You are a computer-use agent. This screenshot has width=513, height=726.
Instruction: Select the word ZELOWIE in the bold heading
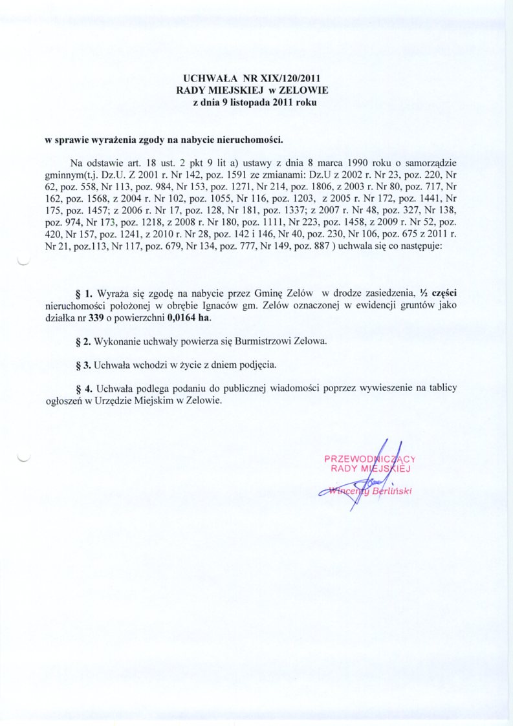point(305,90)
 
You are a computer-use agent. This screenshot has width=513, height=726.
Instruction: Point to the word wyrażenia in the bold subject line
point(114,139)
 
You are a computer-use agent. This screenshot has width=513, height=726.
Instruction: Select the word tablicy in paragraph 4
point(442,388)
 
